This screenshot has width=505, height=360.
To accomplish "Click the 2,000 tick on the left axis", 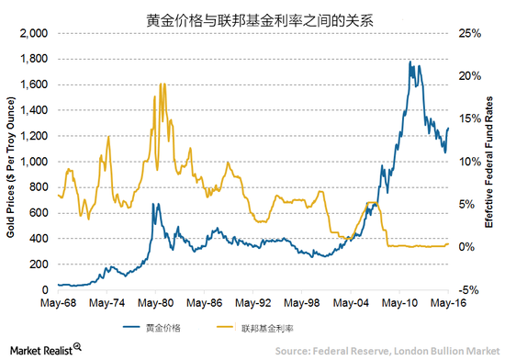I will (x=34, y=33).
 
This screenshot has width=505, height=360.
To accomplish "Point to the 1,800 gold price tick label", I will (x=34, y=59).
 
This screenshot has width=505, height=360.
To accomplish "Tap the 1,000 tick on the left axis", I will (x=34, y=162).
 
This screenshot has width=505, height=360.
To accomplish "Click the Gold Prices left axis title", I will (x=11, y=161).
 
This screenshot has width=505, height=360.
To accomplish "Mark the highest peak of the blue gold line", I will (x=408, y=62).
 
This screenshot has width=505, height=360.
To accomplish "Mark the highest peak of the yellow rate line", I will (x=162, y=84).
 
